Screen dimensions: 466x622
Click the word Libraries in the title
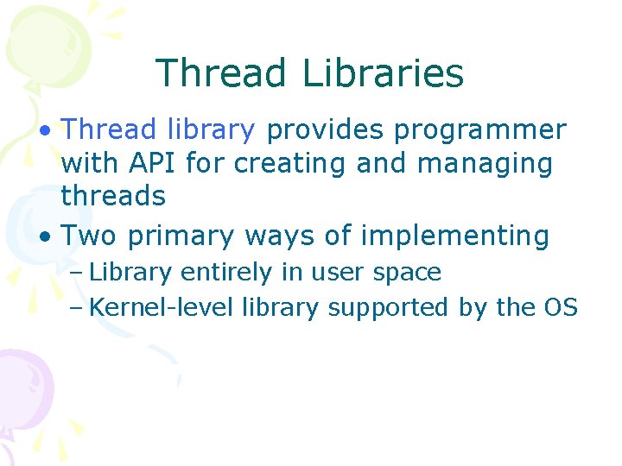click(x=384, y=73)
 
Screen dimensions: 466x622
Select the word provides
click(x=326, y=130)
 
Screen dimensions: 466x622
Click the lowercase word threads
click(x=113, y=196)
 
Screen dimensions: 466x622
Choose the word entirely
click(x=226, y=273)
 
